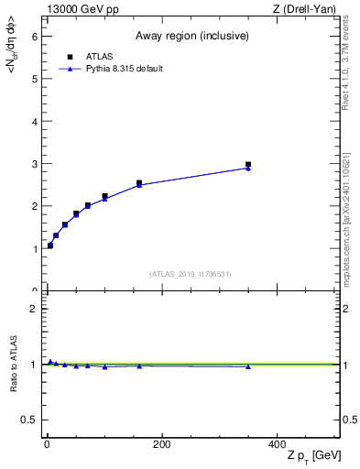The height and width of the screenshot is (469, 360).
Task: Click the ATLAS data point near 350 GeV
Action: click(x=248, y=165)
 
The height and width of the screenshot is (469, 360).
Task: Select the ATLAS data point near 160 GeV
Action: click(x=139, y=183)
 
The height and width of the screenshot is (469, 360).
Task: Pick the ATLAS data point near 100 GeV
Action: click(x=104, y=196)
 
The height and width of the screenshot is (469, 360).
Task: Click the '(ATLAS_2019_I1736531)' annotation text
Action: click(x=191, y=274)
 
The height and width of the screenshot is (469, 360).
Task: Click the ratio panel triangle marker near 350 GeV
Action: click(x=248, y=366)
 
